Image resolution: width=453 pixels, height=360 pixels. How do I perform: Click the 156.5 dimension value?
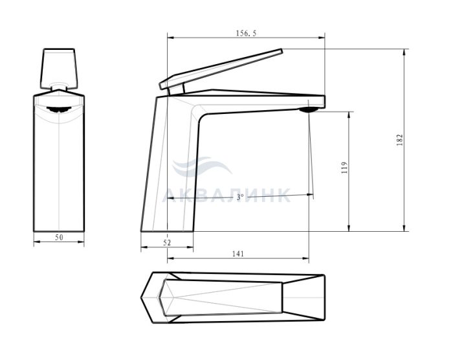coord(246,33)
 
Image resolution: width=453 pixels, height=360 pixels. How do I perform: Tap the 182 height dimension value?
coord(399,140)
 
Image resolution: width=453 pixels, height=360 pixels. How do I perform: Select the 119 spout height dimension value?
coord(344,168)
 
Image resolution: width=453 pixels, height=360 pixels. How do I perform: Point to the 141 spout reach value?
coord(238,254)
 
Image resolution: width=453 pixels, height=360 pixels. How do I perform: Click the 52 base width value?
coord(167,243)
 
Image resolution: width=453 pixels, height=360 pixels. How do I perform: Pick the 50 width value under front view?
coord(59,238)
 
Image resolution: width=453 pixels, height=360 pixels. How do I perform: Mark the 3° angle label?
coord(240,197)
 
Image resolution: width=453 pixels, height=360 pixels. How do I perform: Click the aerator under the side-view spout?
coord(309,109)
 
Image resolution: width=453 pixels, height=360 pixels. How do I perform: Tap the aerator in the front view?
coord(59,109)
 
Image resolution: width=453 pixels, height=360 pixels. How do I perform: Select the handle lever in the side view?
coord(221,69)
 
